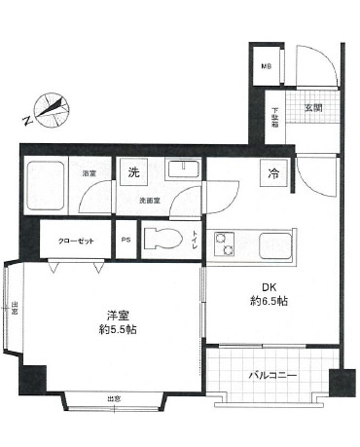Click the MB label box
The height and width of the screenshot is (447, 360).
coord(266,66)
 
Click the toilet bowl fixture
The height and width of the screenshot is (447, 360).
coord(162,239)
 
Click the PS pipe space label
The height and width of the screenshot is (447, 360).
coord(126,240)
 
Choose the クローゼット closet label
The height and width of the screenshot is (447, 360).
coord(72,240)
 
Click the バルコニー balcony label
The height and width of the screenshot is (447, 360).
coord(271,375)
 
